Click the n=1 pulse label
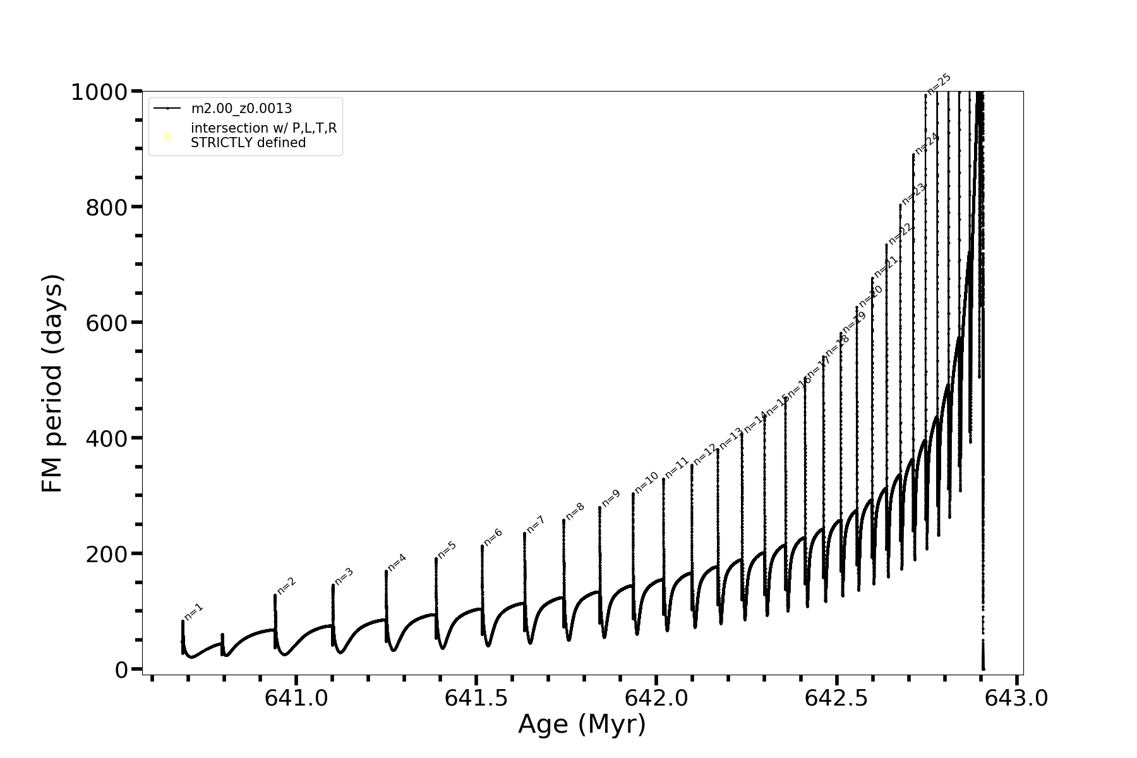pyautogui.click(x=193, y=611)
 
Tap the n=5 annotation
pyautogui.click(x=447, y=550)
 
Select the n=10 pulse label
pyautogui.click(x=646, y=483)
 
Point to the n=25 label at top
pyautogui.click(x=939, y=84)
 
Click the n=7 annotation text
pyautogui.click(x=535, y=524)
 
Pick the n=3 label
pyautogui.click(x=344, y=576)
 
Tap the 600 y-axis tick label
pyautogui.click(x=105, y=323)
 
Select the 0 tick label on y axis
pyautogui.click(x=121, y=670)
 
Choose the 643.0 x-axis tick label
pyautogui.click(x=1016, y=699)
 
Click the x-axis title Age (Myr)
pyautogui.click(x=582, y=725)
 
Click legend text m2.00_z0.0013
pyautogui.click(x=241, y=109)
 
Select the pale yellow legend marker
pyautogui.click(x=167, y=136)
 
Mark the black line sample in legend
pyautogui.click(x=167, y=109)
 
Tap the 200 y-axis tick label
pyautogui.click(x=105, y=554)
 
